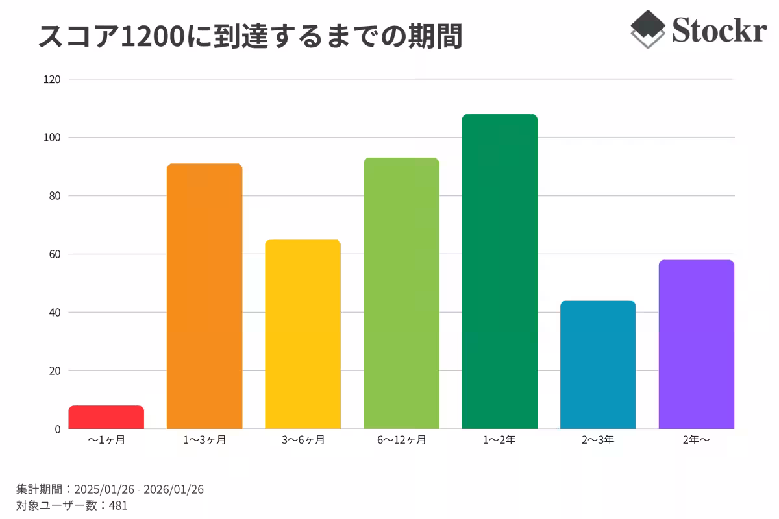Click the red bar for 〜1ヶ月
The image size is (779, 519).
tap(106, 417)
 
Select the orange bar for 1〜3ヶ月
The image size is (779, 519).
tap(204, 296)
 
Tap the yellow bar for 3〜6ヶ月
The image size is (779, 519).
tap(303, 334)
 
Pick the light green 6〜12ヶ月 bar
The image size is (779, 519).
tap(401, 293)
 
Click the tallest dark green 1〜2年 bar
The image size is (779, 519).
tap(499, 271)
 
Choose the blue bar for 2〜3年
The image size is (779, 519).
tap(598, 365)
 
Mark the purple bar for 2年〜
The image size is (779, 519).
tap(696, 344)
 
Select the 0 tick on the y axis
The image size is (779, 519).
tap(57, 429)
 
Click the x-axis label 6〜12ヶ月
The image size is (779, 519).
tap(401, 440)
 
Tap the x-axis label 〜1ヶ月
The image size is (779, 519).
tap(106, 440)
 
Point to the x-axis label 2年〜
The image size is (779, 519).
tap(696, 440)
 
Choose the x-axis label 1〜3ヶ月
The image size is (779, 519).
tap(204, 440)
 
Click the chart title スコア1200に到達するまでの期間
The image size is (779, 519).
tap(250, 37)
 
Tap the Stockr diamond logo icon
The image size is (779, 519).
tap(648, 29)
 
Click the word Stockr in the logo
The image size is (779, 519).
tap(719, 29)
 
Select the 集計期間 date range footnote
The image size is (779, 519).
tap(110, 489)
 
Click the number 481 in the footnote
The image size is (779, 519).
tap(118, 505)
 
